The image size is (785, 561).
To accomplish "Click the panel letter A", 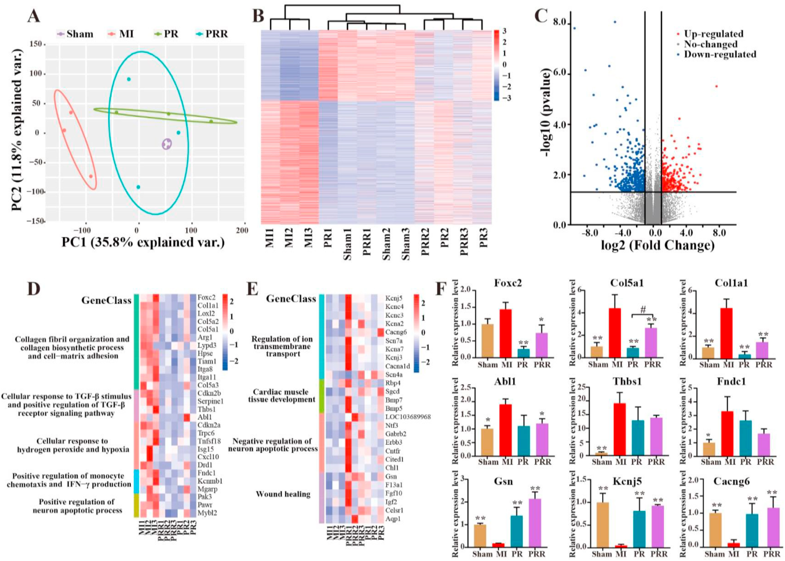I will pyautogui.click(x=34, y=16).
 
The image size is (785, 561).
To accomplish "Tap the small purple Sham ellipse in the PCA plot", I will pyautogui.click(x=167, y=144).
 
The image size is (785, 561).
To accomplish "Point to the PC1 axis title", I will pyautogui.click(x=143, y=242).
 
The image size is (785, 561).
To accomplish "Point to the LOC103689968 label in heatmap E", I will pyautogui.click(x=408, y=417).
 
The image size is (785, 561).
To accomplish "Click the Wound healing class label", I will pyautogui.click(x=283, y=494).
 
